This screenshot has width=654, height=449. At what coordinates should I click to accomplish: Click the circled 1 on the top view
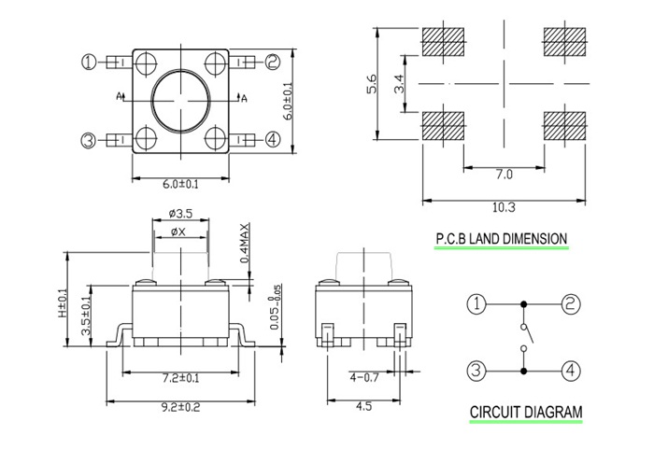click(x=90, y=63)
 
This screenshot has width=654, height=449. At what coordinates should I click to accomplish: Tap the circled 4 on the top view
click(x=272, y=140)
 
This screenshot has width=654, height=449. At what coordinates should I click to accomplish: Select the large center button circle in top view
click(x=180, y=97)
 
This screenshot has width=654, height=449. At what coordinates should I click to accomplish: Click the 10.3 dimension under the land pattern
click(x=504, y=207)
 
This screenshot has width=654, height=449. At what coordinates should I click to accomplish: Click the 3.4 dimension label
click(x=400, y=86)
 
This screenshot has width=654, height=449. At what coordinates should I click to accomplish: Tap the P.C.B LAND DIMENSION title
click(x=501, y=239)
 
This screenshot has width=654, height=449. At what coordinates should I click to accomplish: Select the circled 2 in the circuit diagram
click(x=571, y=303)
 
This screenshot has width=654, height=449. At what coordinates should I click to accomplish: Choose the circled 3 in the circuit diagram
click(x=476, y=371)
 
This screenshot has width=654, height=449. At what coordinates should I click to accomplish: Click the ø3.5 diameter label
click(x=179, y=214)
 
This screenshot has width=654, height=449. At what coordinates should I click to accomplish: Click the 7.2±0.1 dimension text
click(x=180, y=378)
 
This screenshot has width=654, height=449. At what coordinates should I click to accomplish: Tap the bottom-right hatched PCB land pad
click(x=565, y=126)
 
